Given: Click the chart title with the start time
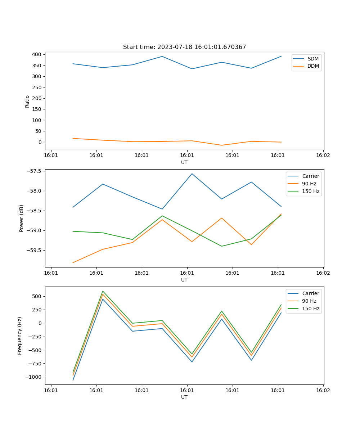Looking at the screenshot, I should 184,47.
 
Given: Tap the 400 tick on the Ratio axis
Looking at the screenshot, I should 37,54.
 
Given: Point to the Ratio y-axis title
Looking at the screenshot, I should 27,101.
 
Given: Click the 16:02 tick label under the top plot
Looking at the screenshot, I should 323,156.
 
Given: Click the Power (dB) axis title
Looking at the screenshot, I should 22,218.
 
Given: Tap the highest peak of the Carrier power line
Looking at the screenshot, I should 192,174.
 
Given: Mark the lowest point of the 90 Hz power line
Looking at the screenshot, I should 73,262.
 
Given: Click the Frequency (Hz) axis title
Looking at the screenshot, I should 20,336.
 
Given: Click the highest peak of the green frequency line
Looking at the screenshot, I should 103,291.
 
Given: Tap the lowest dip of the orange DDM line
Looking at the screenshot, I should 222,145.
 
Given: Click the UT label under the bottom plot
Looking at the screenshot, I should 184,397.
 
